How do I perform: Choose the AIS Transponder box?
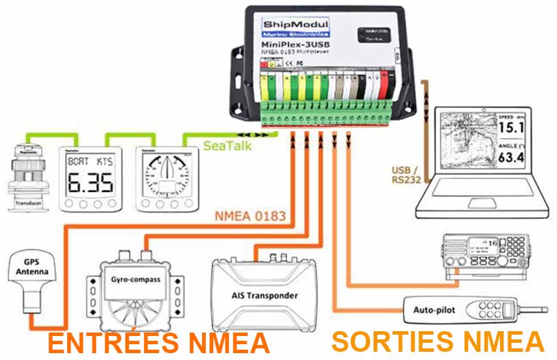tap(265, 289)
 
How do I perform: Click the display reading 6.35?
tap(88, 180)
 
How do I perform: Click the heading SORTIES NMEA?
tap(438, 341)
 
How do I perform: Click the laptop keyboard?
tap(473, 199)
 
